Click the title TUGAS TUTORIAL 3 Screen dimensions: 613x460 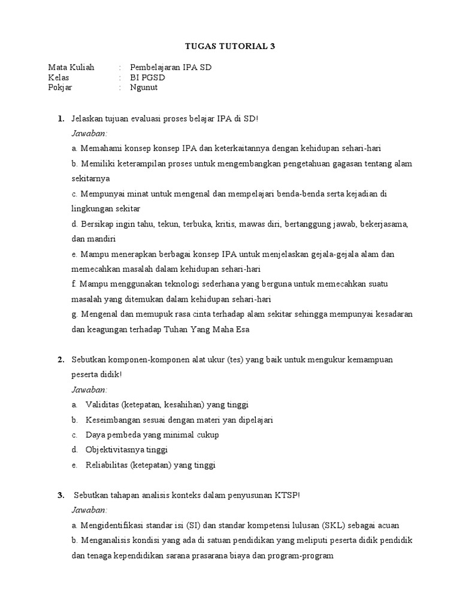pos(229,46)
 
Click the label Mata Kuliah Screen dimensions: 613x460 pos(71,67)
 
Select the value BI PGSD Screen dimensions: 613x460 pos(147,77)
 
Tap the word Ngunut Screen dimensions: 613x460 pos(144,87)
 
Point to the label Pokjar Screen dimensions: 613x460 pos(60,87)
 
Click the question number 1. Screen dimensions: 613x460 pos(61,119)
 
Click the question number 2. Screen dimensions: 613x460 pos(61,360)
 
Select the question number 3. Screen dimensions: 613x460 pos(61,495)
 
